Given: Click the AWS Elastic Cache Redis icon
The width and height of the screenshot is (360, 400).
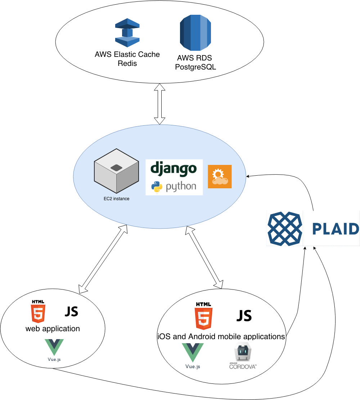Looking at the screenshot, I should tap(127, 33).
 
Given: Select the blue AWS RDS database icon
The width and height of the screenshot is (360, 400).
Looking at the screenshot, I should tap(195, 33).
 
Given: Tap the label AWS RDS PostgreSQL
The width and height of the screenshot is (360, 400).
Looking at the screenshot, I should tap(195, 62).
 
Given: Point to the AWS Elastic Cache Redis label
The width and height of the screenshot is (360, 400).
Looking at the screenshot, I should tap(127, 59).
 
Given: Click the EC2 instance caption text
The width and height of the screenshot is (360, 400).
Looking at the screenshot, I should tap(116, 198).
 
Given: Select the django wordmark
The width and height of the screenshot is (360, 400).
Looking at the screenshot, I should tap(174, 169).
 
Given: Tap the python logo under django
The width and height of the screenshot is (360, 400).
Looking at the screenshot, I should tap(174, 186).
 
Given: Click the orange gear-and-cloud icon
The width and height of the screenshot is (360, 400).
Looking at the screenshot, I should tap(220, 176).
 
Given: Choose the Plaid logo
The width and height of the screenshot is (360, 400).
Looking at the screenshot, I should tap(313, 228).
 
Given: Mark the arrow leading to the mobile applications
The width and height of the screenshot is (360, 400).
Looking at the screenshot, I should tap(204, 257).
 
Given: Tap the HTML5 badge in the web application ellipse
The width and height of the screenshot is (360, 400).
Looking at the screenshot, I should tap(38, 312).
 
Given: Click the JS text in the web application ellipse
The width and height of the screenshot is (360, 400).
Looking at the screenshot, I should tap(71, 312).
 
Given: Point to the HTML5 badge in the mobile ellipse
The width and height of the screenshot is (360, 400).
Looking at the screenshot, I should tap(203, 316).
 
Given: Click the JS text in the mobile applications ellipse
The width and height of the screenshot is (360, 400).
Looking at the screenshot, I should tap(244, 316).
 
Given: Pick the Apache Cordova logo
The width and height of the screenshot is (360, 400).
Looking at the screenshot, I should tap(243, 357).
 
